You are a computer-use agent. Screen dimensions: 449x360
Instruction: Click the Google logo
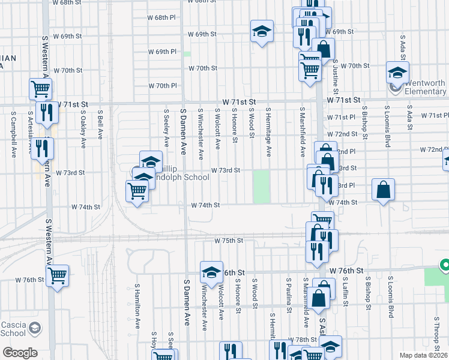19,353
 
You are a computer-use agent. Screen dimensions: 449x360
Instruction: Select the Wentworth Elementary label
425,88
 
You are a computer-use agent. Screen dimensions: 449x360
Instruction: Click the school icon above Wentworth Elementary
397,73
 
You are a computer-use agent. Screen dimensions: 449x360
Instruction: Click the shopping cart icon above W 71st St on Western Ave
40,89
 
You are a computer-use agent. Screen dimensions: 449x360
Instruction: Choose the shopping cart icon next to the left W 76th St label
57,276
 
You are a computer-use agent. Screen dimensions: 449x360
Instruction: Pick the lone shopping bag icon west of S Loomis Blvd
383,190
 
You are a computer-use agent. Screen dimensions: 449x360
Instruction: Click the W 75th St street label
229,241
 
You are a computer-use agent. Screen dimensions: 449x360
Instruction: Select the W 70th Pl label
163,86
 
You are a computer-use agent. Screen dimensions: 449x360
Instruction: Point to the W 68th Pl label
163,17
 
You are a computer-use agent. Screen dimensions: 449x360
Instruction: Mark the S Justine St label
336,72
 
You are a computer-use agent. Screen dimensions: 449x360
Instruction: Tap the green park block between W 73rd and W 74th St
261,187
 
